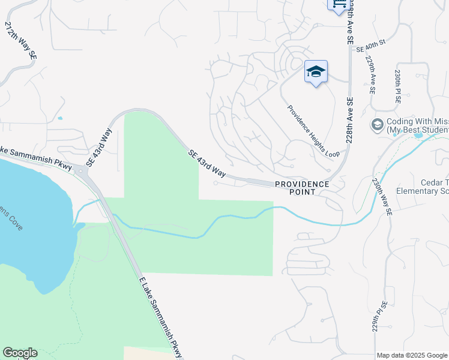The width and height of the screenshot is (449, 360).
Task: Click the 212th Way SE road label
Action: pos(21,40)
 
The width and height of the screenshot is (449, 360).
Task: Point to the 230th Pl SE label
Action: pos(397,87)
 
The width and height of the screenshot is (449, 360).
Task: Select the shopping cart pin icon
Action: pos(338,5)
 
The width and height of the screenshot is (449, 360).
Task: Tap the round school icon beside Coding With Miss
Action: pos(378,125)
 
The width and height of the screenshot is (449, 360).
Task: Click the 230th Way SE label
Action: pos(382,197)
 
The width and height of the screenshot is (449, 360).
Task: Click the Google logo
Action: pos(20,353)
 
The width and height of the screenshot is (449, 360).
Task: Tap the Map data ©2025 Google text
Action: pos(412,355)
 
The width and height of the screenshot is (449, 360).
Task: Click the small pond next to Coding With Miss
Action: pos(418,136)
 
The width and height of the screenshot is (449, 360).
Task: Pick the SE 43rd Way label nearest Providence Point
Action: pos(206,164)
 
